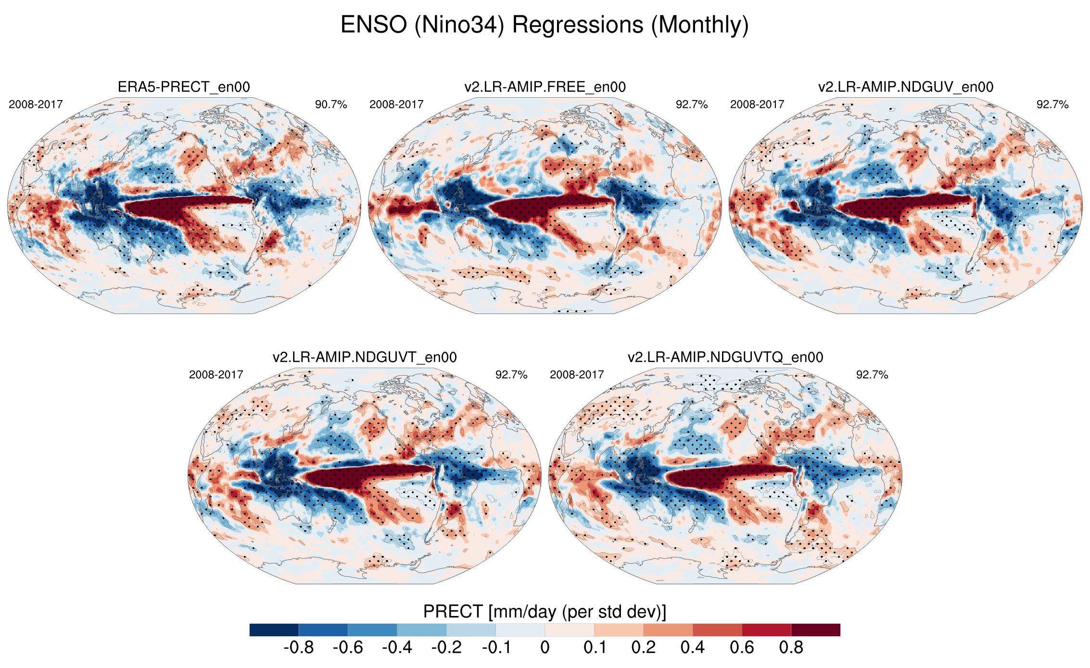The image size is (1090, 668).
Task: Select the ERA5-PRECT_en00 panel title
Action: tap(184, 87)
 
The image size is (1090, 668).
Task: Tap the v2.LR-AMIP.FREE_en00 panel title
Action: tap(545, 87)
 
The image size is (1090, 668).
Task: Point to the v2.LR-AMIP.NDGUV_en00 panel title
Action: tap(906, 87)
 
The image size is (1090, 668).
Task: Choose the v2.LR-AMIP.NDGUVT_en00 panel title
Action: tap(365, 357)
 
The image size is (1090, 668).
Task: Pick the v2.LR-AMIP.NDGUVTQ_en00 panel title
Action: tap(725, 357)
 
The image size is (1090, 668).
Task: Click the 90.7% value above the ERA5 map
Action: tap(331, 104)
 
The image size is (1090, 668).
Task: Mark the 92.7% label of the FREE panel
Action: tap(692, 104)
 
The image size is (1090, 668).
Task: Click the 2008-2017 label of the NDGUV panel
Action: tap(757, 104)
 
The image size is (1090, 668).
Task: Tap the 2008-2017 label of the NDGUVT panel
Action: tap(216, 374)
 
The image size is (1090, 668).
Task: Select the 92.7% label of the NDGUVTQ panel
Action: tap(872, 374)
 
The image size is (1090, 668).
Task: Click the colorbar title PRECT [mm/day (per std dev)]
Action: tap(545, 612)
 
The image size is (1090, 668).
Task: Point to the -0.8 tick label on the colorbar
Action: tap(299, 648)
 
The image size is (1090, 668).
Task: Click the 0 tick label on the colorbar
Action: tap(545, 648)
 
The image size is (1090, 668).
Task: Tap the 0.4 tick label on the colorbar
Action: tap(692, 648)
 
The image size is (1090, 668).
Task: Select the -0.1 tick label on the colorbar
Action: tap(496, 648)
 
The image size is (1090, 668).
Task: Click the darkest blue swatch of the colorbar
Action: tap(274, 630)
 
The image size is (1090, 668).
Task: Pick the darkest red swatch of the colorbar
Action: tap(815, 630)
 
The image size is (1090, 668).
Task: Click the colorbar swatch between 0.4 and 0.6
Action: tap(717, 630)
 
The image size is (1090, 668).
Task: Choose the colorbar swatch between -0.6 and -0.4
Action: tap(372, 630)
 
